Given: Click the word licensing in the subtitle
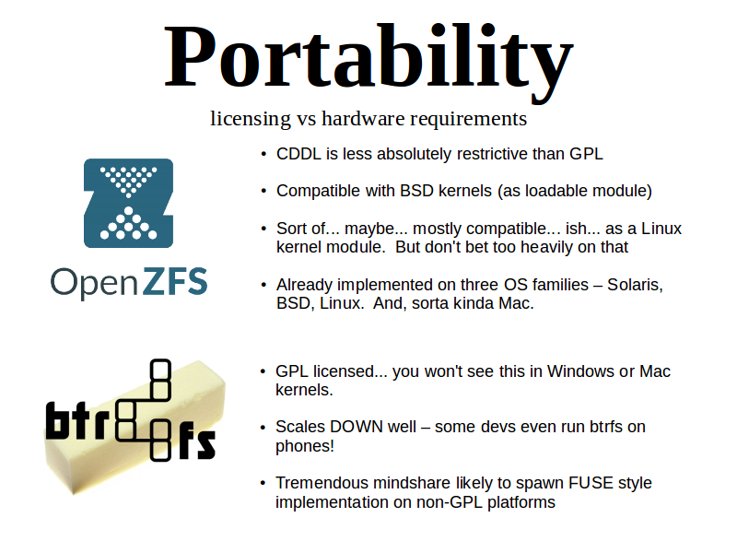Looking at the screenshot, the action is click(251, 119).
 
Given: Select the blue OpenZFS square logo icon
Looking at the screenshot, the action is click(128, 203).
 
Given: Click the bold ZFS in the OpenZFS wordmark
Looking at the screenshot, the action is click(175, 281).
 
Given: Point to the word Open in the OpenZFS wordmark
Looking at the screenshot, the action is click(94, 284).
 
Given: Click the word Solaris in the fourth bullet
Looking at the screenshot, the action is click(635, 285).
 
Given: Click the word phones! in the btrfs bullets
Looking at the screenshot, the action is click(305, 446).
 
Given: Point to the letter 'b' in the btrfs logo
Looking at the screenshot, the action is click(54, 419).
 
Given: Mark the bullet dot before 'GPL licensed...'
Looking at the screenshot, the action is click(263, 371).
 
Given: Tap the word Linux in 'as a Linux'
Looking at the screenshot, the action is click(661, 229).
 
